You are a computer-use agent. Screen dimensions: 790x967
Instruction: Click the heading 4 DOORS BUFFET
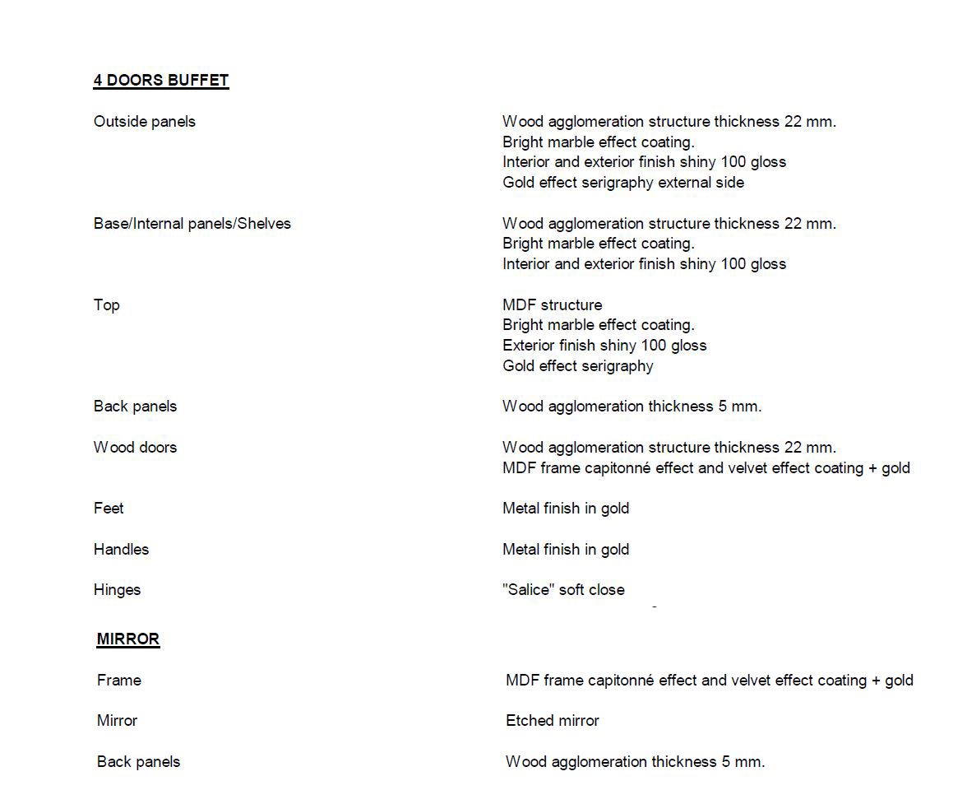click(161, 81)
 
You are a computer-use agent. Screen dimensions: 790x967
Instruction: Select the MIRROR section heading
click(128, 639)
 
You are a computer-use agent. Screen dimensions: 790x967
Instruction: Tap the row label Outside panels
click(145, 122)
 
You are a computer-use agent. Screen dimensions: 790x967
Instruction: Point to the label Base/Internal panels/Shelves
click(192, 224)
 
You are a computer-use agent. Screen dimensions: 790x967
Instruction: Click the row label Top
click(107, 305)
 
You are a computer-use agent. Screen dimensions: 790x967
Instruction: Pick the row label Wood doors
click(136, 448)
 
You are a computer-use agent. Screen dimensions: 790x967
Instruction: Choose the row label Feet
click(109, 509)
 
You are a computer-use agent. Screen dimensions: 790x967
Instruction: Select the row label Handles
click(122, 550)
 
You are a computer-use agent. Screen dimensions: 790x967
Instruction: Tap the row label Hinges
click(118, 590)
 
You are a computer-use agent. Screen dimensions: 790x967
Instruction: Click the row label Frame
click(119, 681)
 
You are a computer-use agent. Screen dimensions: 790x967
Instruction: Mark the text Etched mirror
click(553, 721)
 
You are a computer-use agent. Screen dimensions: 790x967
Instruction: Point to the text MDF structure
click(553, 305)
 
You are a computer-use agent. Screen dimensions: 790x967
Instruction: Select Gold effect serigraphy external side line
click(623, 183)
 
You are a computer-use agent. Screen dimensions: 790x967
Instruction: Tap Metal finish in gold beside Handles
click(566, 550)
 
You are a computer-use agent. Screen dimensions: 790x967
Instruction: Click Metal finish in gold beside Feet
click(566, 509)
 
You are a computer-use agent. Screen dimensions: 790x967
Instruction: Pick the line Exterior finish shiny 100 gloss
click(604, 346)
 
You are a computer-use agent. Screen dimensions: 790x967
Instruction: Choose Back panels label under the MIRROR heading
click(139, 762)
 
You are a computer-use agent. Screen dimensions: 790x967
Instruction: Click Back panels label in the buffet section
click(136, 407)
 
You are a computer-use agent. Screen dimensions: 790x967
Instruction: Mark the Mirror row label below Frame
click(118, 721)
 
